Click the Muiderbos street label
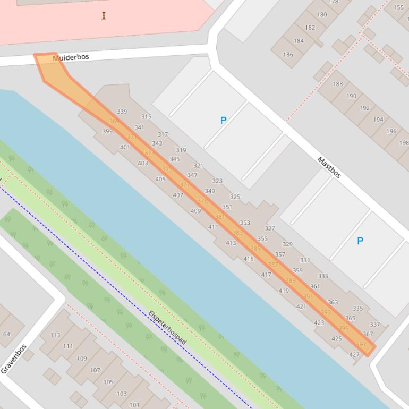click(71, 57)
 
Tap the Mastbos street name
click(329, 167)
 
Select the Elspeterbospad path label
click(167, 327)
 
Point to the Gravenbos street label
click(14, 359)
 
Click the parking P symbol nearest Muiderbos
click(223, 121)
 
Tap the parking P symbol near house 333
click(360, 241)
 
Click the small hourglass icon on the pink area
click(104, 15)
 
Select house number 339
click(122, 112)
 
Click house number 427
click(354, 354)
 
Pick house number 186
click(288, 54)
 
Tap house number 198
click(404, 142)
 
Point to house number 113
click(55, 335)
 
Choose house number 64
click(6, 334)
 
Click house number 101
click(134, 405)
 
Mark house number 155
click(398, 7)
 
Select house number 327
click(270, 228)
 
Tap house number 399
click(107, 131)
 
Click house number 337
click(375, 325)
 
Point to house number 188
click(338, 84)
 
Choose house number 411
click(213, 227)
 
